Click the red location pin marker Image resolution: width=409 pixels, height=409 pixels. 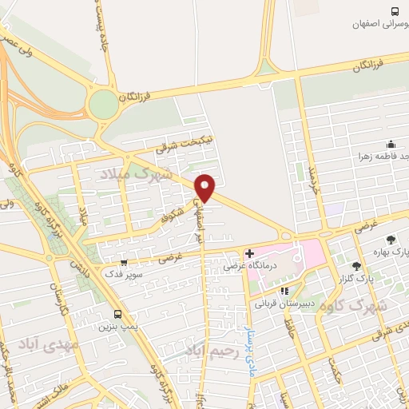click(x=205, y=188)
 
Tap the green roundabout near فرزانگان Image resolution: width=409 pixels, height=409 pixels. click(x=103, y=104)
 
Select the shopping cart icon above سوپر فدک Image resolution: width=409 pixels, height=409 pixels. click(x=123, y=262)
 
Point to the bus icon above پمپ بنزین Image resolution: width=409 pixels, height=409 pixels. click(x=118, y=314)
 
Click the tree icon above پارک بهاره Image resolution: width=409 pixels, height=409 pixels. click(x=390, y=239)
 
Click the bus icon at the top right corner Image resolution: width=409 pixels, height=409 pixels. click(x=394, y=10)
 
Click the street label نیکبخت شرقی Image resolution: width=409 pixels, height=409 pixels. click(x=162, y=144)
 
